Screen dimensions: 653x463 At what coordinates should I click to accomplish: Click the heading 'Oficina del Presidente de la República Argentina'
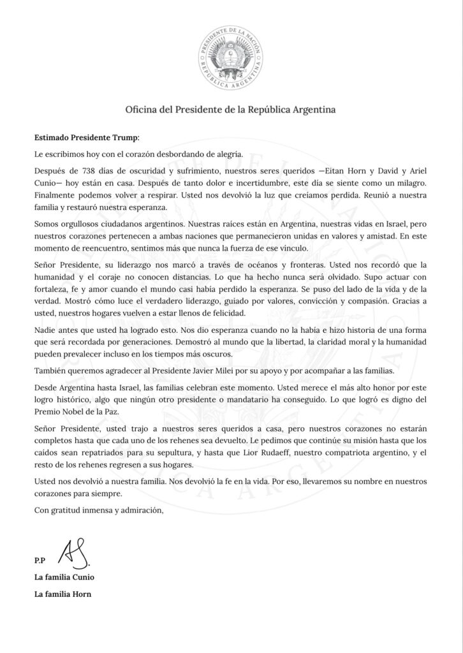click(x=231, y=110)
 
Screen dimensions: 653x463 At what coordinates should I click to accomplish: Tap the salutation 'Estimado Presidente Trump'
click(x=86, y=136)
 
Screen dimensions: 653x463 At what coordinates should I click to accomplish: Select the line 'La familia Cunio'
click(x=64, y=578)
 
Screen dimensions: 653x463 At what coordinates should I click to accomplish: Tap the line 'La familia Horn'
click(x=63, y=595)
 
